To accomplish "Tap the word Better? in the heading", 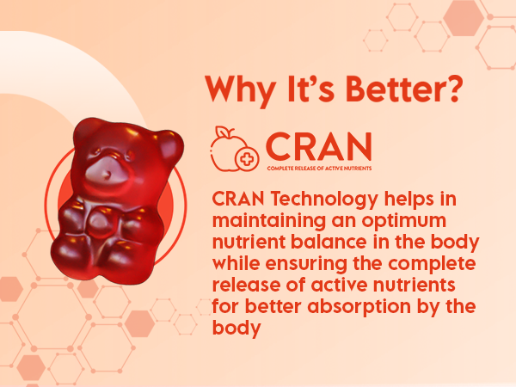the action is pyautogui.click(x=404, y=89).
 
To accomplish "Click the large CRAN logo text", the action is pyautogui.click(x=318, y=147).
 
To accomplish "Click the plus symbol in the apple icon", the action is pyautogui.click(x=247, y=159).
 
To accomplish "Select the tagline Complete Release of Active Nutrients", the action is pyautogui.click(x=319, y=169).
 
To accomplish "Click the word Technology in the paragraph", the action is pyautogui.click(x=324, y=200).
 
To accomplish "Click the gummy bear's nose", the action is pyautogui.click(x=106, y=174).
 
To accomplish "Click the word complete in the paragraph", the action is pyautogui.click(x=432, y=264).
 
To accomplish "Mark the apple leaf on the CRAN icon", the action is pyautogui.click(x=222, y=132).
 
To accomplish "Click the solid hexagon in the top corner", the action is pyautogui.click(x=464, y=18).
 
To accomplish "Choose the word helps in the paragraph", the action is pyautogui.click(x=409, y=200).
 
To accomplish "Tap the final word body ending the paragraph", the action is pyautogui.click(x=236, y=329).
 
